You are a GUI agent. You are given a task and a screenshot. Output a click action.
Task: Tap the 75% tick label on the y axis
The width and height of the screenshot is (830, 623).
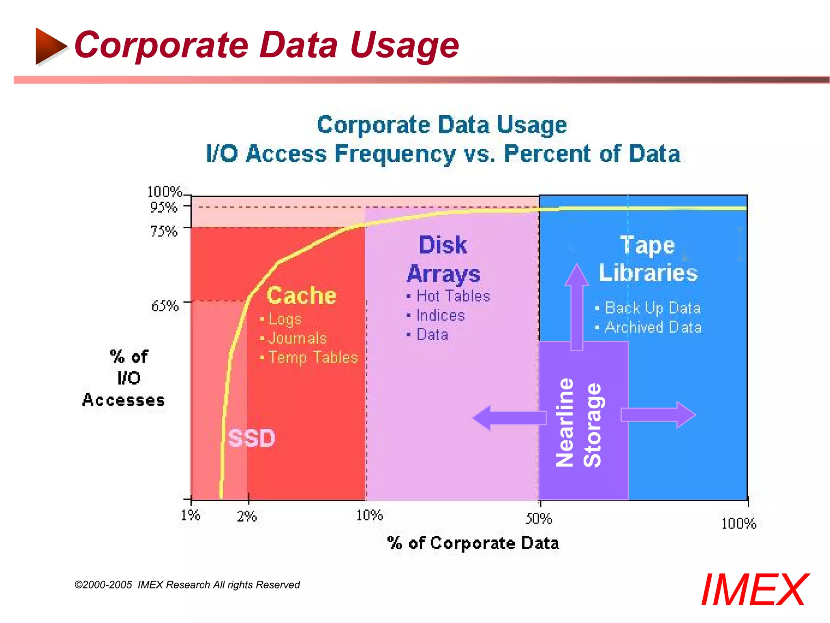164,231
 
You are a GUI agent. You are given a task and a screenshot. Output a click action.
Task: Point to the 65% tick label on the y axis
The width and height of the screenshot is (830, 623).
165,305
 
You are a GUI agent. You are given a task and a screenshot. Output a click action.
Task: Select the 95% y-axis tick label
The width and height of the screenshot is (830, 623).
164,207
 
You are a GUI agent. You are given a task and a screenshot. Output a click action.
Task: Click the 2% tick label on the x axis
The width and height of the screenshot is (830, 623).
247,516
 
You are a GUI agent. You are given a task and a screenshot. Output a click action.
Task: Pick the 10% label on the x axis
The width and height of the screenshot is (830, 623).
369,515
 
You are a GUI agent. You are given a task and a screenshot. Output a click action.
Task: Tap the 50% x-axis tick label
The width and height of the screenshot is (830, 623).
539,518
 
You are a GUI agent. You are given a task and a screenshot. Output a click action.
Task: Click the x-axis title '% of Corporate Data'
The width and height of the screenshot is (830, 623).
473,543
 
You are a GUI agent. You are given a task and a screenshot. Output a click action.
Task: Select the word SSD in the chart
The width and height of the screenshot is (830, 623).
251,438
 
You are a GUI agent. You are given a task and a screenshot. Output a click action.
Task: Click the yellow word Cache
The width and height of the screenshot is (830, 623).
302,295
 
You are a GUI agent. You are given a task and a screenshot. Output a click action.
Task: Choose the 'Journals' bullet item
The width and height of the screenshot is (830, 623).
297,338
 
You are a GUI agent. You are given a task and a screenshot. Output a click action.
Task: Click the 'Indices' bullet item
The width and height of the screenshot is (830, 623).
441,315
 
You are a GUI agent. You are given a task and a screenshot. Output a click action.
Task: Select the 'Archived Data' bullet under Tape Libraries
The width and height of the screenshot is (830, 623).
653,327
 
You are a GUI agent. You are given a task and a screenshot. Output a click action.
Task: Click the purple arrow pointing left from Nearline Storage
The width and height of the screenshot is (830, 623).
509,418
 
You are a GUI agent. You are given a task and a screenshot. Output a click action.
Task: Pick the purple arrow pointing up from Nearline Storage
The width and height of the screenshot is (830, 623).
577,306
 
